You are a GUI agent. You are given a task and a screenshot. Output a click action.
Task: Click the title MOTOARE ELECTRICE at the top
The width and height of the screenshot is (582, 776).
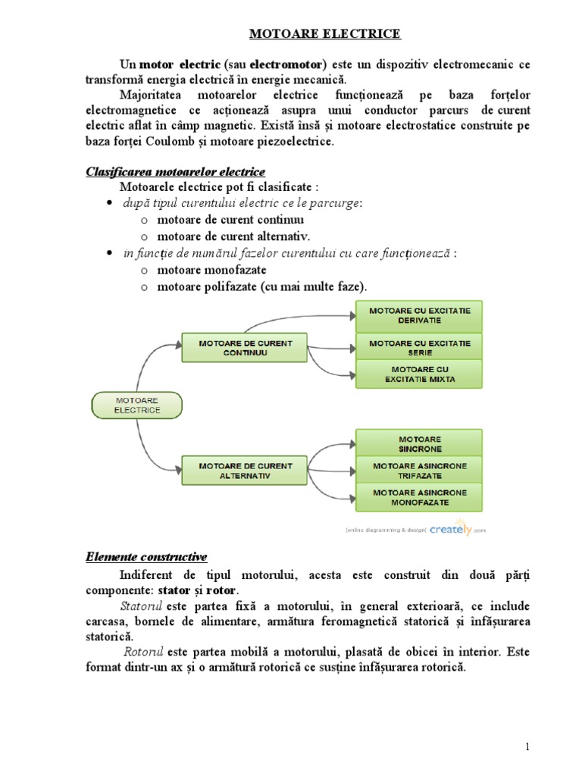click(326, 34)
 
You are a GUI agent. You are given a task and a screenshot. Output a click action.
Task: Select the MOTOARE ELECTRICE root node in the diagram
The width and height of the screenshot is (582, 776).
click(137, 405)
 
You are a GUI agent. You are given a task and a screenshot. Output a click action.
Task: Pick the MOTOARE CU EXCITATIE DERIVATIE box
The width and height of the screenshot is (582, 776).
click(419, 315)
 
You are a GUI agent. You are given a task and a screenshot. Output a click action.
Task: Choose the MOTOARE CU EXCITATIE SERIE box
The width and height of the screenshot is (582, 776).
click(419, 348)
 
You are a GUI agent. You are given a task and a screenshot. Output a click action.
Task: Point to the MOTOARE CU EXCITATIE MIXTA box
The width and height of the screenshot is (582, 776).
click(419, 374)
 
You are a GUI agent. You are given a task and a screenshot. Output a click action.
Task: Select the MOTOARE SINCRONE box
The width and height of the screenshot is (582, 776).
click(419, 443)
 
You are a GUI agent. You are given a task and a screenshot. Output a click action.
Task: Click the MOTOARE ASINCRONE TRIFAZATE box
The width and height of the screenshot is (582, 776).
click(419, 470)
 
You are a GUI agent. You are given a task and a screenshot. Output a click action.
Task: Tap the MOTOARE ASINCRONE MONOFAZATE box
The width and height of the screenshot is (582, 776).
click(419, 497)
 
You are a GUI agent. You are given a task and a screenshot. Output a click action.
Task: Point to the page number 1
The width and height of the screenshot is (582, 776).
click(527, 747)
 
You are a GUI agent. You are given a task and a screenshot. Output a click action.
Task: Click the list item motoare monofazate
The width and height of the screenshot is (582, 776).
click(211, 270)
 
